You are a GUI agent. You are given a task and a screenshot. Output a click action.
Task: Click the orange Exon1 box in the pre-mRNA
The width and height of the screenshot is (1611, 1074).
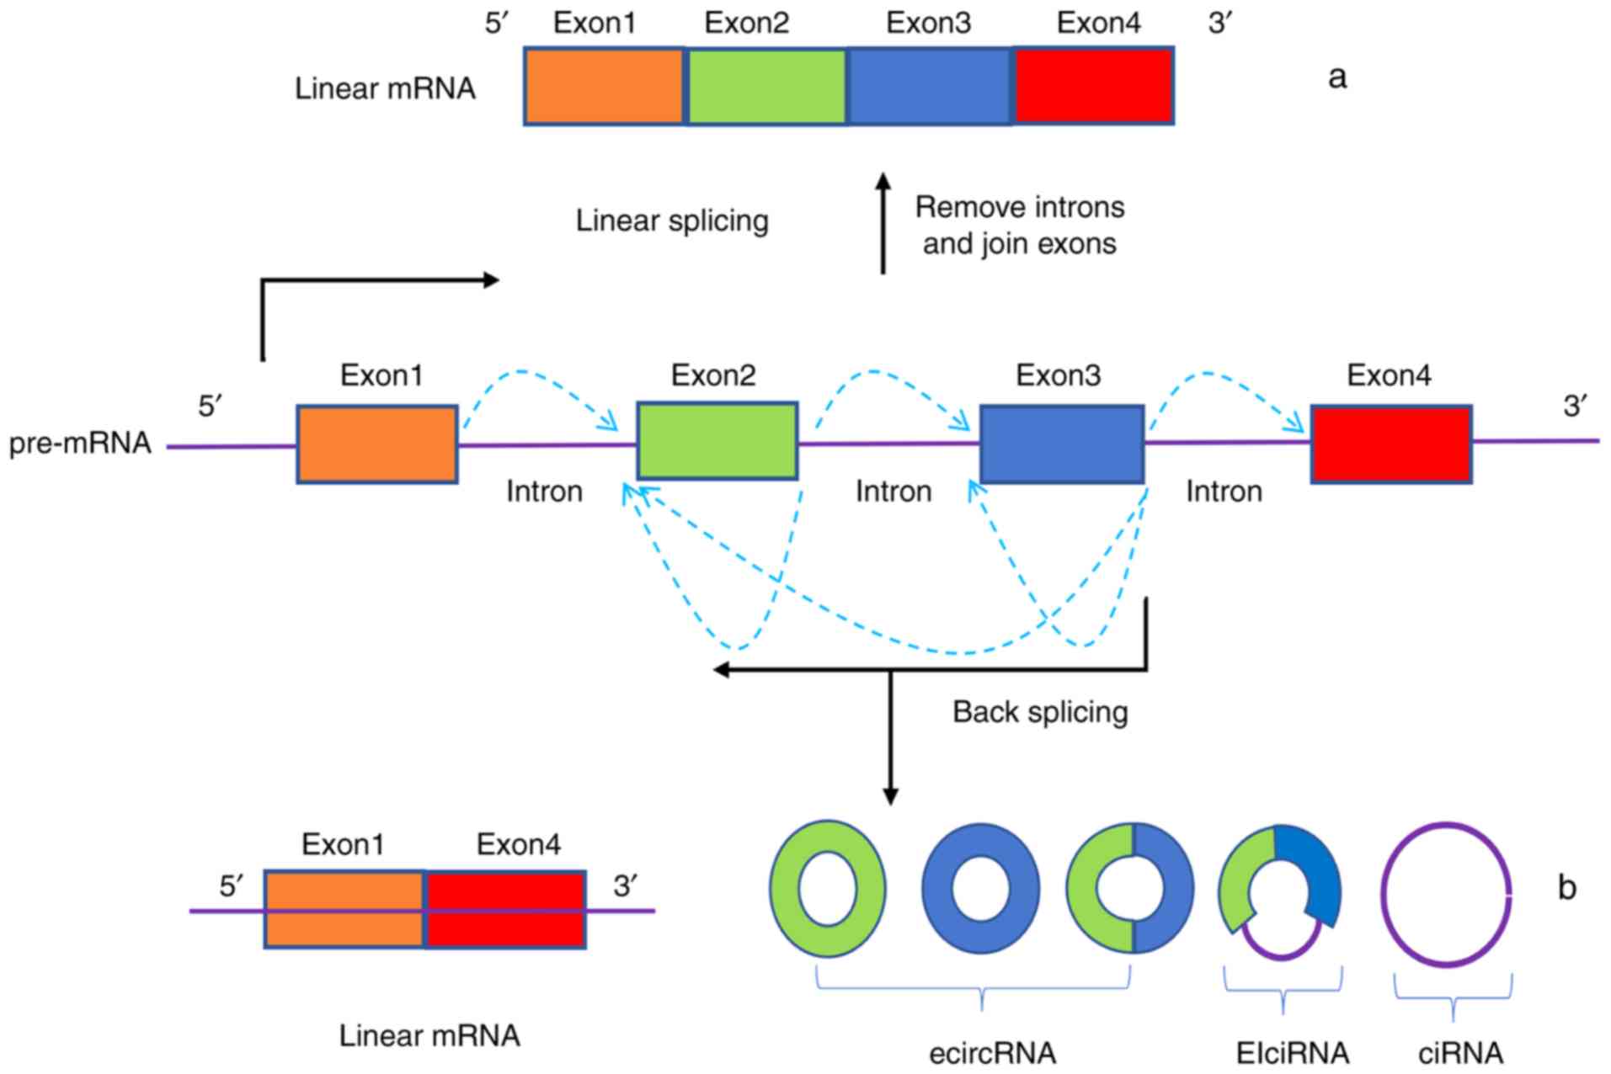pyautogui.click(x=376, y=444)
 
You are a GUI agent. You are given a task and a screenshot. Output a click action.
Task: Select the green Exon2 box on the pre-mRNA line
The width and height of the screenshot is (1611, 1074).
pyautogui.click(x=717, y=441)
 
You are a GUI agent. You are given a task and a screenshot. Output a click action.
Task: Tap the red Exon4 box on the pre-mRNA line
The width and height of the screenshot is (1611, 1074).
pyautogui.click(x=1390, y=444)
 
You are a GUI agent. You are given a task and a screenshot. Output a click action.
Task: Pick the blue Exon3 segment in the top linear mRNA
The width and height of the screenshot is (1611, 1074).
pyautogui.click(x=929, y=87)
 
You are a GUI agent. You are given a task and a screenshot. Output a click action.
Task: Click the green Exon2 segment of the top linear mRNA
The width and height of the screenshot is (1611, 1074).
pyautogui.click(x=766, y=87)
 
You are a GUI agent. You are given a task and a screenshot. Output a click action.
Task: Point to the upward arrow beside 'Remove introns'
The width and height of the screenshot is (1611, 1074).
pyautogui.click(x=883, y=223)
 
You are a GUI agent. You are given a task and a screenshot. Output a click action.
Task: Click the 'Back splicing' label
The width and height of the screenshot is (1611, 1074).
pyautogui.click(x=1040, y=712)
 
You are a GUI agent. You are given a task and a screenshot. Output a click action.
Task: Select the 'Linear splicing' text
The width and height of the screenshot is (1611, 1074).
pyautogui.click(x=672, y=221)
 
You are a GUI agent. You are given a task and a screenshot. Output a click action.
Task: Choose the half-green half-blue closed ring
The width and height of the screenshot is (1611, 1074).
pyautogui.click(x=1129, y=889)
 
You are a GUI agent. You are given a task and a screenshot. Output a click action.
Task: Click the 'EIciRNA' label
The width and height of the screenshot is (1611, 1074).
pyautogui.click(x=1292, y=1053)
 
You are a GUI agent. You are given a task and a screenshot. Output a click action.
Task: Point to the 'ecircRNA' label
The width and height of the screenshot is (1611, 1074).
pyautogui.click(x=992, y=1053)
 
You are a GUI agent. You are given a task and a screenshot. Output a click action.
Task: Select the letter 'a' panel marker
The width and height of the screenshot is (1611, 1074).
pyautogui.click(x=1336, y=77)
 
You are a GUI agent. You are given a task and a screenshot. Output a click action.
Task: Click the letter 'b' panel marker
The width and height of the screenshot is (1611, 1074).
pyautogui.click(x=1566, y=888)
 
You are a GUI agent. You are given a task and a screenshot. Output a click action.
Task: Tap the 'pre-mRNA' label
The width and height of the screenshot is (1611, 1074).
pyautogui.click(x=80, y=444)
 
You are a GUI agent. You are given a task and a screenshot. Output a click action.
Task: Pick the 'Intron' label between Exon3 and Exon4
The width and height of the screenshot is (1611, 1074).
pyautogui.click(x=1224, y=492)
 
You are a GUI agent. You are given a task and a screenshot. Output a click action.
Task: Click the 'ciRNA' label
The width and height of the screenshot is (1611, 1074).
pyautogui.click(x=1459, y=1053)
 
